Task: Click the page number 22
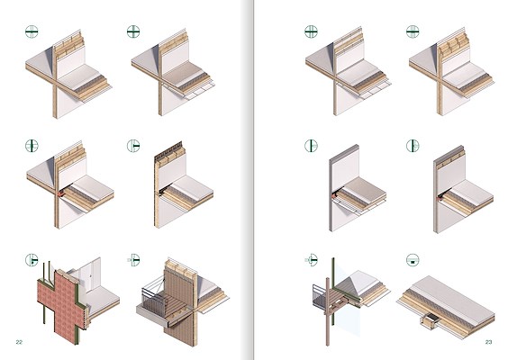click(19, 342)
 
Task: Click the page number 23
click(488, 342)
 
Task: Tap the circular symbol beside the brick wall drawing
click(32, 259)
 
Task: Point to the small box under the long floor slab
click(430, 321)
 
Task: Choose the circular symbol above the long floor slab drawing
click(413, 259)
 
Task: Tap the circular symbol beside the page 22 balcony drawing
click(133, 259)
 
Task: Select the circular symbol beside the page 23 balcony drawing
click(312, 259)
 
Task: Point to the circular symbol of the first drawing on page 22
click(32, 31)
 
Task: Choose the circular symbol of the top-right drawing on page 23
click(413, 31)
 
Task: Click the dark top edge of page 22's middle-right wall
click(168, 149)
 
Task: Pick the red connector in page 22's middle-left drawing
click(61, 193)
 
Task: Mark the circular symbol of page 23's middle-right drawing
click(413, 146)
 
